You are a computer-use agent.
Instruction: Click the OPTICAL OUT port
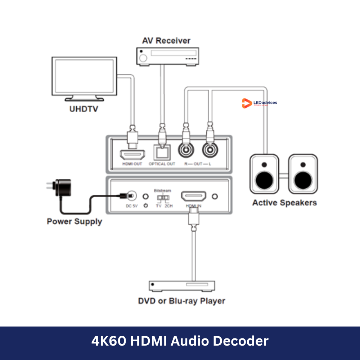pyautogui.click(x=162, y=153)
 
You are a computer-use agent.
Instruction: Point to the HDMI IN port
pyautogui.click(x=194, y=196)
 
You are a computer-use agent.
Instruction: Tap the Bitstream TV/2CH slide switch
pyautogui.click(x=163, y=198)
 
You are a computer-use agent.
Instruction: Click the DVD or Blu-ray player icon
pyautogui.click(x=182, y=286)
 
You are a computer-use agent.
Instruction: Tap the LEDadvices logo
pyautogui.click(x=259, y=103)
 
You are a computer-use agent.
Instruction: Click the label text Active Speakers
pyautogui.click(x=284, y=203)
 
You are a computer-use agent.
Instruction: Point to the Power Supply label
pyautogui.click(x=74, y=221)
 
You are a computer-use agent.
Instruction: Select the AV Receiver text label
pyautogui.click(x=166, y=40)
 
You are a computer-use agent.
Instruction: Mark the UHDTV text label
pyautogui.click(x=84, y=109)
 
